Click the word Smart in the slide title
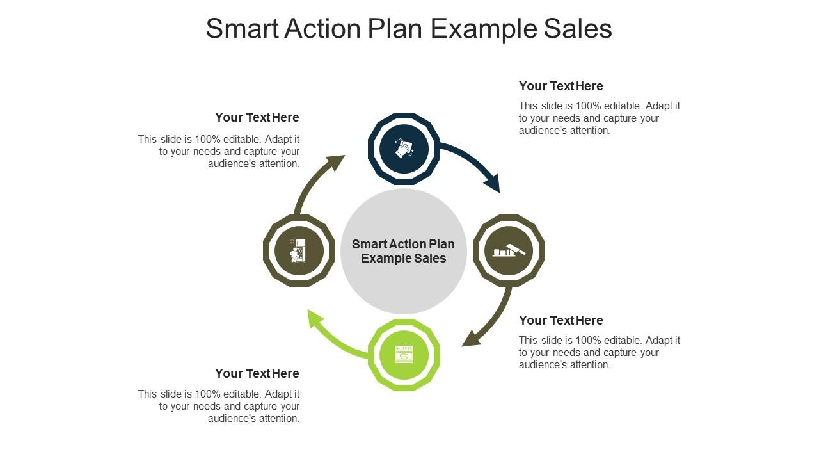pos(243,29)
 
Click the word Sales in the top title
pos(578,29)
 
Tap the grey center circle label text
pos(403,251)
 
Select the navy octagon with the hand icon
pos(404,149)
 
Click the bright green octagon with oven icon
pos(404,355)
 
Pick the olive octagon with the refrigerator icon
pos(299,250)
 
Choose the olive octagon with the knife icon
pos(509,250)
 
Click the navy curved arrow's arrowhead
pos(493,183)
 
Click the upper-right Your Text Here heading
pos(561,86)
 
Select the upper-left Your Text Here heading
pos(257,117)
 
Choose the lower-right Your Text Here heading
pos(561,320)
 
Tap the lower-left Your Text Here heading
pos(257,373)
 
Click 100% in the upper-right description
pos(588,106)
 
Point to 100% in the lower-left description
pos(208,394)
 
